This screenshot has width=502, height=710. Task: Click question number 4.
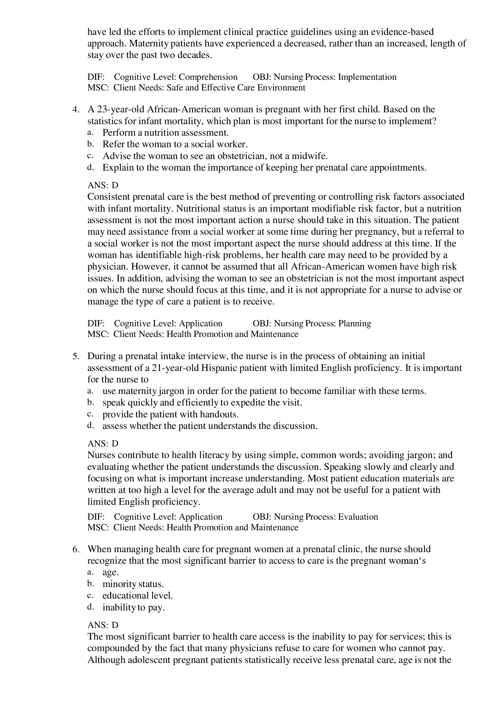pos(76,110)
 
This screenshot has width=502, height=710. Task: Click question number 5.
pos(76,356)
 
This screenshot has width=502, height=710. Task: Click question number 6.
pos(76,549)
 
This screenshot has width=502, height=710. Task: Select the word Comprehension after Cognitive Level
pos(208,77)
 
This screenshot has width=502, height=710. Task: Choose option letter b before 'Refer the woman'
pos(90,144)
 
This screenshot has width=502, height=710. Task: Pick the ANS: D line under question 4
pos(103,185)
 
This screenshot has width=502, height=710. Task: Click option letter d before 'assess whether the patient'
pos(90,426)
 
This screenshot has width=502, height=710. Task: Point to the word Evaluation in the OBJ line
pos(358,517)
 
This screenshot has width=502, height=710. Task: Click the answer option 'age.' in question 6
pos(110,573)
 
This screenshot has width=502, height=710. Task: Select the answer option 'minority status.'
pos(133,584)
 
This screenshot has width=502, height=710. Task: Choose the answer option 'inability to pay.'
pos(134,607)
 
